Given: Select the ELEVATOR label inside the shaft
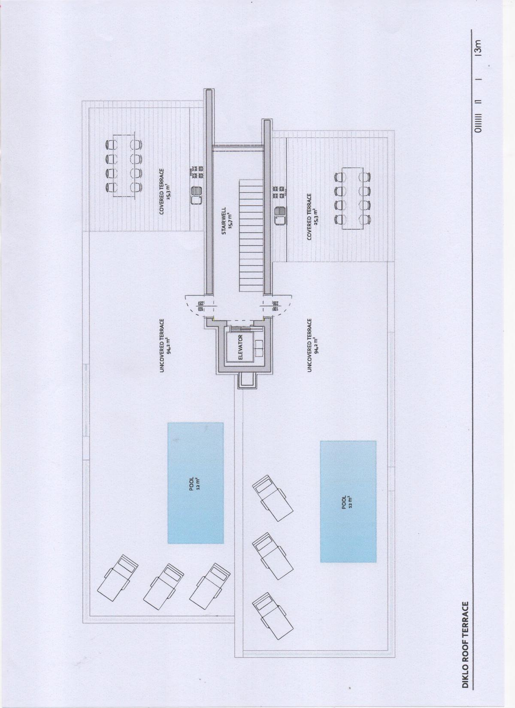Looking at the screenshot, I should pos(240,347).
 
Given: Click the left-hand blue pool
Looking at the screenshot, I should pos(195,483).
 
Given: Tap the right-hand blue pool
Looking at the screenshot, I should pos(348,501).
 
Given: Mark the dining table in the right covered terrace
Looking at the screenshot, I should pos(354,198).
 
